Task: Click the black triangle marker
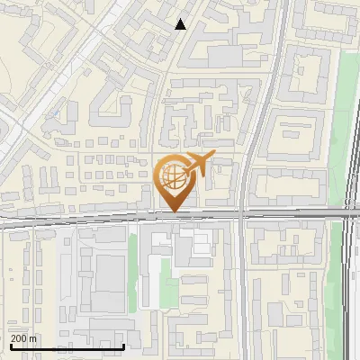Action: (181, 24)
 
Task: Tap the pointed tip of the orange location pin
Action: (174, 212)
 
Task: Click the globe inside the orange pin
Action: (173, 178)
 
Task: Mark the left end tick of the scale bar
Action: (11, 346)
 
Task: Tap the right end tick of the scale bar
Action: (124, 346)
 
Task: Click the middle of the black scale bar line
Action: (67, 347)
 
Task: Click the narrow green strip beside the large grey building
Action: (132, 265)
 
